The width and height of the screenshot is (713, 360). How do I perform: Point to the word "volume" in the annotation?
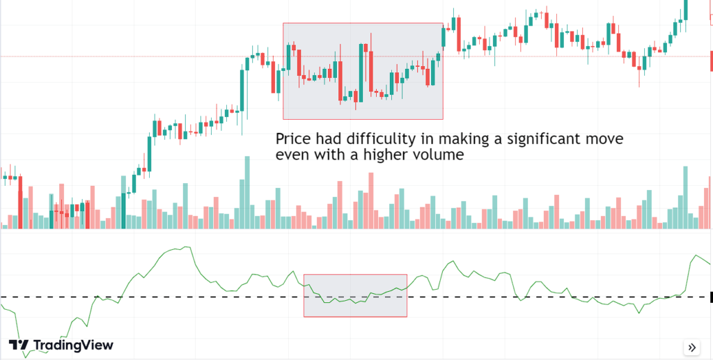coord(439,155)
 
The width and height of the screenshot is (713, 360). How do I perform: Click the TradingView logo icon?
coord(19,345)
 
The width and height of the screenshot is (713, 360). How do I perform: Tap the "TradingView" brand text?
coord(73,345)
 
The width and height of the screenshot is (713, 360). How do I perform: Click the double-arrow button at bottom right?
coord(691,347)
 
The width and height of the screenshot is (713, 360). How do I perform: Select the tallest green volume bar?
coord(246,192)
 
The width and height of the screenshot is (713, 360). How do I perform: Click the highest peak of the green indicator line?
coord(187,247)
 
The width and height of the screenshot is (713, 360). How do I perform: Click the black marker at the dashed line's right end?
coord(710,297)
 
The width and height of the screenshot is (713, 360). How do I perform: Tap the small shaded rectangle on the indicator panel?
coord(355,295)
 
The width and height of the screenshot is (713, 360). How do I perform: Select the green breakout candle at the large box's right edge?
coord(443,36)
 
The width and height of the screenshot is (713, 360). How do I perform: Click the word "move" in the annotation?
coord(601,139)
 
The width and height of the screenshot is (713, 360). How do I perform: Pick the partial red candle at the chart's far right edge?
coord(710,60)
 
